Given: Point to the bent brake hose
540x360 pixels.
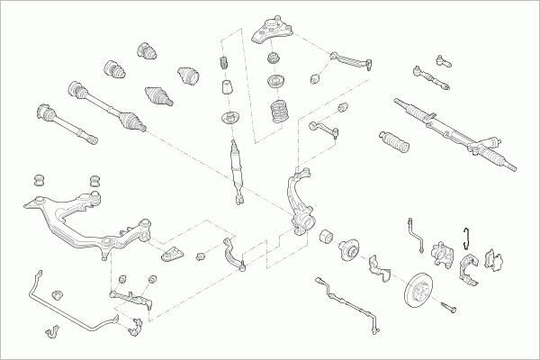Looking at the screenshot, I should click(x=415, y=232).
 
